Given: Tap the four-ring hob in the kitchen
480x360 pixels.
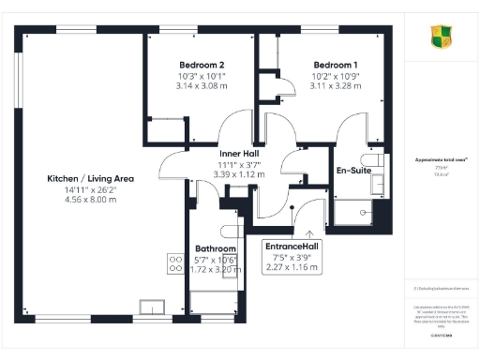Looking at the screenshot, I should pos(174,262).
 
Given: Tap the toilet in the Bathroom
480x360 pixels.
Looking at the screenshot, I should pos(228,230).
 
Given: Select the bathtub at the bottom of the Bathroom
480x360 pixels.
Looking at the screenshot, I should pos(213,303).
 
